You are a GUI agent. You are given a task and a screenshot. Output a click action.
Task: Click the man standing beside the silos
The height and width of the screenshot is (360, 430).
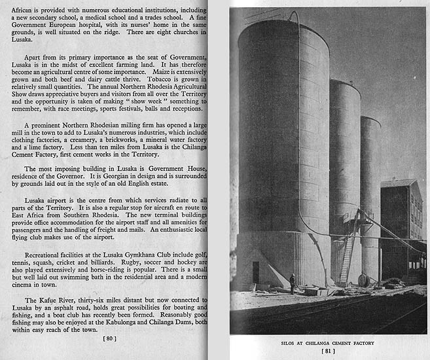click(292, 282)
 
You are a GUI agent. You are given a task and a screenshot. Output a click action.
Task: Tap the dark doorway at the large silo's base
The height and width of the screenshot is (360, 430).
click(255, 272)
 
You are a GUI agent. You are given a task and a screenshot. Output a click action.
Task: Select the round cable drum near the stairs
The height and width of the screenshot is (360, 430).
click(364, 279)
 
